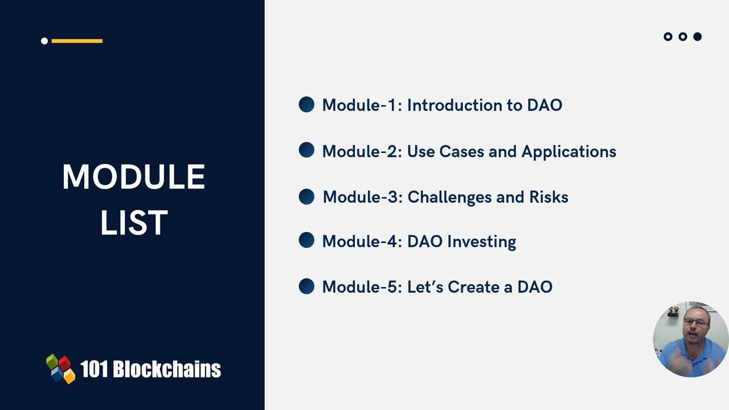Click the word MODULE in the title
[133, 177]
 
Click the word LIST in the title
[134, 223]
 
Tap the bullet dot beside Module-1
[306, 105]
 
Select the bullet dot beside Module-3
[306, 197]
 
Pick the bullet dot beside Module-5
[306, 286]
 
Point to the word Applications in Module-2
[568, 152]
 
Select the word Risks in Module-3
[548, 197]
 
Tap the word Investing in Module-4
[481, 242]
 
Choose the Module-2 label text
[362, 151]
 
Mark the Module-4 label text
[362, 241]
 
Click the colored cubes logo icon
[60, 369]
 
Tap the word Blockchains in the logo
[166, 370]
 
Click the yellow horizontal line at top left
[77, 41]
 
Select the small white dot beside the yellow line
[44, 41]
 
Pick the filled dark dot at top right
[697, 37]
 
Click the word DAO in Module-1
[544, 105]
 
